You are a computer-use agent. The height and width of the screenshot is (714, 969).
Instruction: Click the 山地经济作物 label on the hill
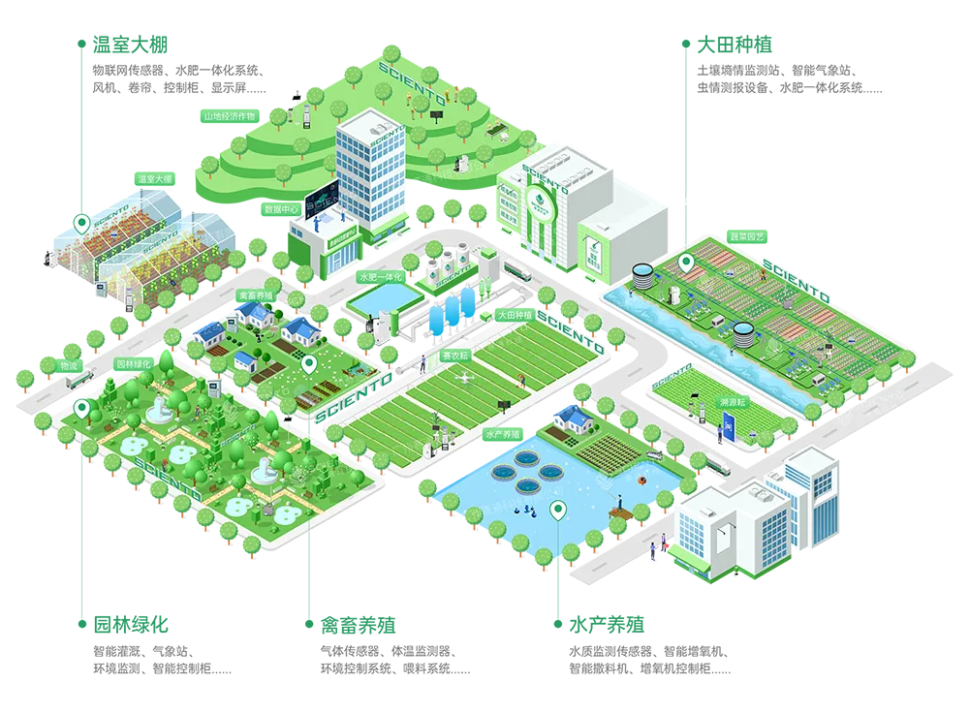tap(229, 116)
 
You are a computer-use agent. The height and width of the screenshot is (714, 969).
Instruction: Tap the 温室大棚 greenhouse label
tap(154, 179)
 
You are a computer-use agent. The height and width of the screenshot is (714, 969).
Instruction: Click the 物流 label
tap(68, 366)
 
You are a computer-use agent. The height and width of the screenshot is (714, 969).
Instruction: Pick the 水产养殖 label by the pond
tap(503, 436)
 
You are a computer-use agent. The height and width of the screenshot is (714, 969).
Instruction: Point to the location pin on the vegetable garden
tap(686, 262)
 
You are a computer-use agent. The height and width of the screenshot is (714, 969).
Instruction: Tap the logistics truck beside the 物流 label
tap(79, 382)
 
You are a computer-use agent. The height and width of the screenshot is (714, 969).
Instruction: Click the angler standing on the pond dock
tap(620, 503)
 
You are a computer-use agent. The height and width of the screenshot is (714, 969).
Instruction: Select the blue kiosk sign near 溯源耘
tap(727, 425)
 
